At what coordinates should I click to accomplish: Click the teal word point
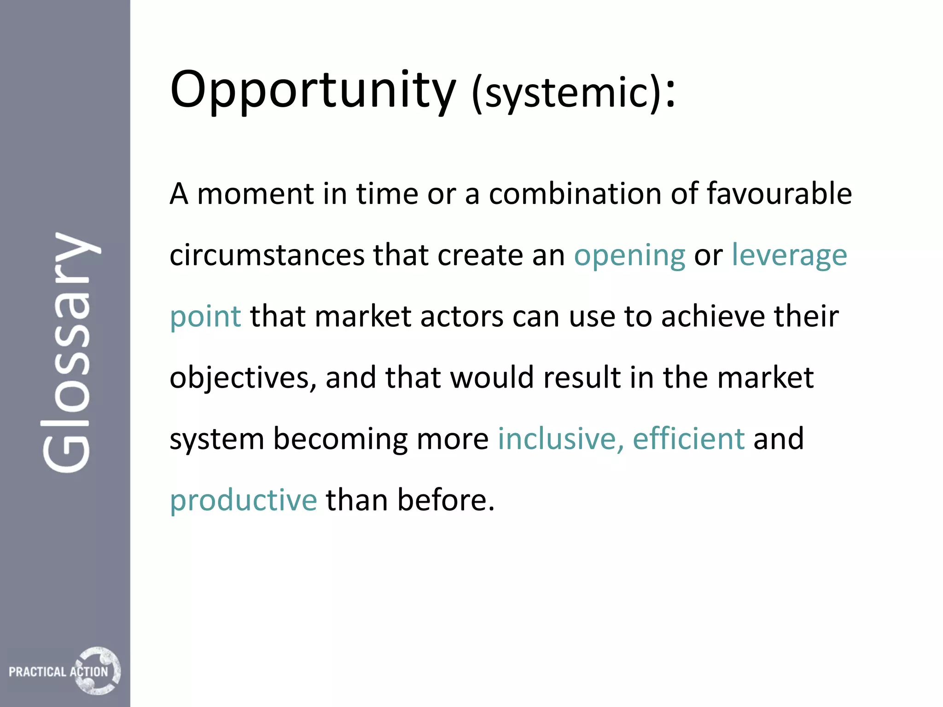pos(205,318)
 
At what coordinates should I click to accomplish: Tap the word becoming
pos(340,440)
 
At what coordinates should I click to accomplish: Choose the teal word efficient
pos(688,439)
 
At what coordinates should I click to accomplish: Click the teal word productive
pos(244,501)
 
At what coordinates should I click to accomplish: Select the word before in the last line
pos(445,500)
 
